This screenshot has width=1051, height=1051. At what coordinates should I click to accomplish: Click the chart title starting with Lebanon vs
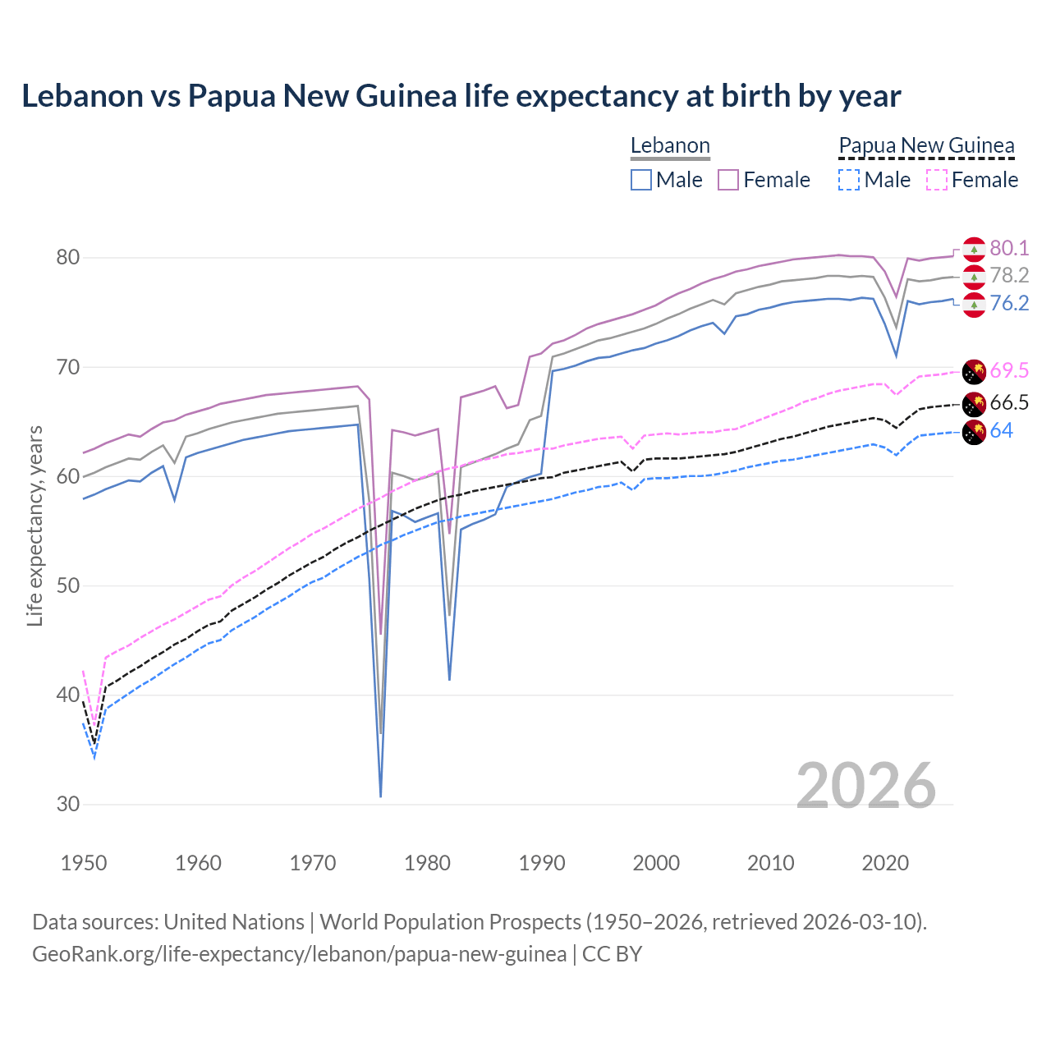pyautogui.click(x=461, y=96)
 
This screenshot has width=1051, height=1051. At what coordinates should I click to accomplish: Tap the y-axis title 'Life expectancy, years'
pyautogui.click(x=34, y=525)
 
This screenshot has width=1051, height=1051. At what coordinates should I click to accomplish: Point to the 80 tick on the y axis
pyautogui.click(x=68, y=258)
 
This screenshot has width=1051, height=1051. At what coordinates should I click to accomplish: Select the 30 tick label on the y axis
pyautogui.click(x=68, y=805)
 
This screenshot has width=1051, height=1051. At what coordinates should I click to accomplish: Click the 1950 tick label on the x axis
pyautogui.click(x=84, y=863)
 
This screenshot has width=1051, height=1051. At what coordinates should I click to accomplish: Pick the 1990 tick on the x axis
pyautogui.click(x=542, y=863)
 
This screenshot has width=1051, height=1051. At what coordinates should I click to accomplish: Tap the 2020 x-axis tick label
pyautogui.click(x=885, y=863)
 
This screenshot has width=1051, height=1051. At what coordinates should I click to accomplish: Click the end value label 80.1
pyautogui.click(x=1009, y=249)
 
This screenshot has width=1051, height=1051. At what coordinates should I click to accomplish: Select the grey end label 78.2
pyautogui.click(x=1009, y=276)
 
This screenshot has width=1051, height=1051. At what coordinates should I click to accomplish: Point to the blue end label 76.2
pyautogui.click(x=1009, y=304)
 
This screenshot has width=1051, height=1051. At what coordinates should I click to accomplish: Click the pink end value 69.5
pyautogui.click(x=1009, y=370)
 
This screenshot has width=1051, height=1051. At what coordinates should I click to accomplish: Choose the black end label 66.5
pyautogui.click(x=1009, y=403)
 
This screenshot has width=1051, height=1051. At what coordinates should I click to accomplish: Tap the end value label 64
pyautogui.click(x=1001, y=431)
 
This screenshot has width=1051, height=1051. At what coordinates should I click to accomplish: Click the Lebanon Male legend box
pyautogui.click(x=641, y=180)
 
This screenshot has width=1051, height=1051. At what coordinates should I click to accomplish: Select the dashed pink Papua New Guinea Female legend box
pyautogui.click(x=937, y=180)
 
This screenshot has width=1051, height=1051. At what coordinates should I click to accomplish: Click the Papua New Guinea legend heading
pyautogui.click(x=926, y=146)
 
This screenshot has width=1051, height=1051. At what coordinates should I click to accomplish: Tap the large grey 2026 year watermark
pyautogui.click(x=866, y=787)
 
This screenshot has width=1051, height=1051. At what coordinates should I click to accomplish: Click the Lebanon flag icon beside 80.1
pyautogui.click(x=974, y=249)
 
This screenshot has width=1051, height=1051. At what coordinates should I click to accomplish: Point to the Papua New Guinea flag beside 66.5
pyautogui.click(x=974, y=403)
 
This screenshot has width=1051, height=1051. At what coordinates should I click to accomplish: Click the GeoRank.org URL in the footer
pyautogui.click(x=299, y=954)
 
